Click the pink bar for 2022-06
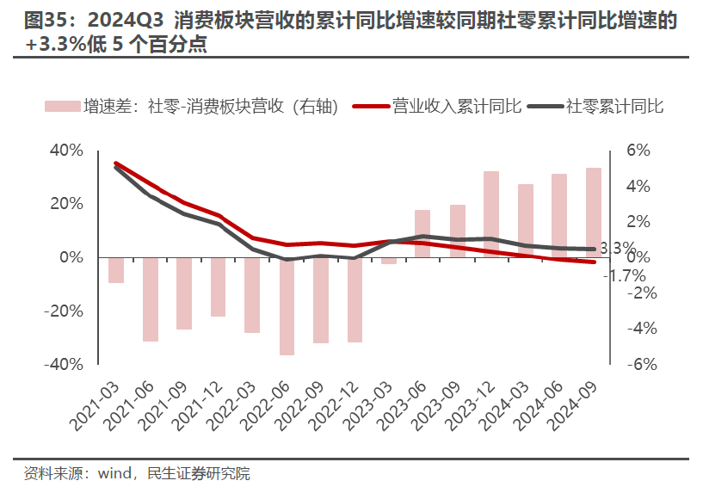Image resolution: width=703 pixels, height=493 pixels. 287,306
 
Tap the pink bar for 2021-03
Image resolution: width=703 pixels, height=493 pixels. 116,270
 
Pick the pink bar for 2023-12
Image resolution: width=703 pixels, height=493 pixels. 491,214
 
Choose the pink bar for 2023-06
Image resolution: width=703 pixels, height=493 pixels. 422,233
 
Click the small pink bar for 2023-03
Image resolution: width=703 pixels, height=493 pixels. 389,261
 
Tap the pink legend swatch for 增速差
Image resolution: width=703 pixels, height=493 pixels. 62,107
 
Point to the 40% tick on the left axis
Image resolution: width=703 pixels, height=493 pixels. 66,151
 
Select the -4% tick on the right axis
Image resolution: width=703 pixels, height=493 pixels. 640,329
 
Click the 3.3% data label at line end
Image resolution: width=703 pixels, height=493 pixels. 617,249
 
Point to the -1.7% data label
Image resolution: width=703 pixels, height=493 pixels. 626,276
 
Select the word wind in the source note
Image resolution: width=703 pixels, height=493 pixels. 113,473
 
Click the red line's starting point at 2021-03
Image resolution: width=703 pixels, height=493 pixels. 116,163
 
